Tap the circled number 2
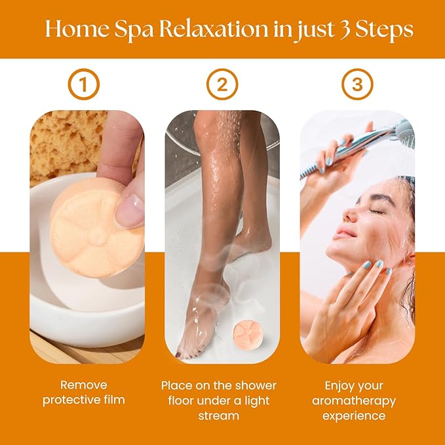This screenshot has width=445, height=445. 222,84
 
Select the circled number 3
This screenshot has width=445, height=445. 357,84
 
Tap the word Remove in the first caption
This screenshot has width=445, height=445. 83,385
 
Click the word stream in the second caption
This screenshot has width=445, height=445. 218,416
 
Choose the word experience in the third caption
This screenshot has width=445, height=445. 357,416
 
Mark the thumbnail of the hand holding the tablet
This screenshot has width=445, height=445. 129,212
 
